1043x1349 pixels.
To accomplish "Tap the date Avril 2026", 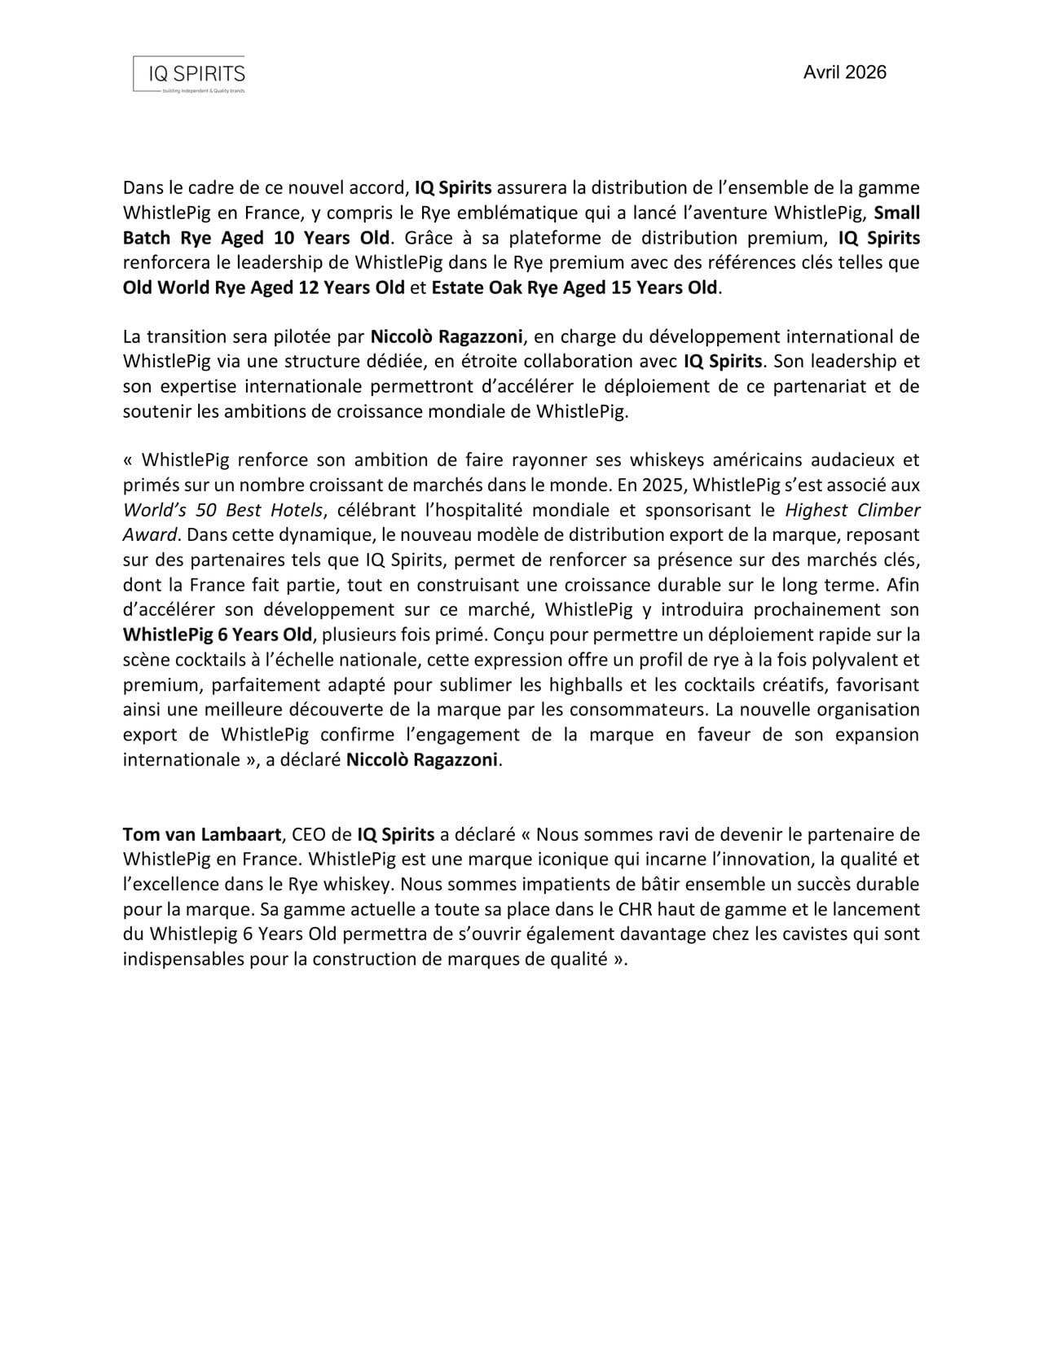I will (844, 73).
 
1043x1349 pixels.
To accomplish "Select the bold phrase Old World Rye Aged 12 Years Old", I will (263, 288).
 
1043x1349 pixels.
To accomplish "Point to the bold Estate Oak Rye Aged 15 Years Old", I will (574, 288).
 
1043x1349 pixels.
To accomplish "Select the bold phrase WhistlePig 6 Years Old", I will (218, 635).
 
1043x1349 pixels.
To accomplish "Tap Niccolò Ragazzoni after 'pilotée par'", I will (447, 336).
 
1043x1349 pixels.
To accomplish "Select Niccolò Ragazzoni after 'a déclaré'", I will (421, 760).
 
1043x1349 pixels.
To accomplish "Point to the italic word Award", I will (150, 535).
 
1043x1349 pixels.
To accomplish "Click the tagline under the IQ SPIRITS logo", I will (204, 91).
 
